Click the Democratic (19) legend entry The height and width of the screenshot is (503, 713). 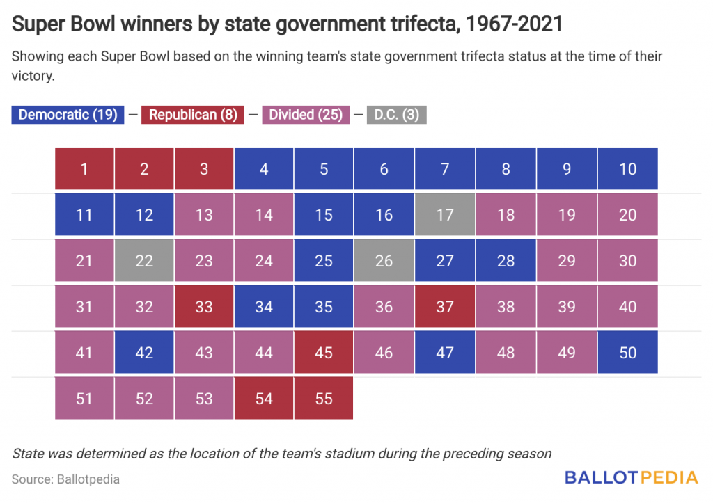coord(68,115)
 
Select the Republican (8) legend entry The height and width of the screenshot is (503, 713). coord(192,115)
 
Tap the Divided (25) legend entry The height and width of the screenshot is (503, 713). coord(305,115)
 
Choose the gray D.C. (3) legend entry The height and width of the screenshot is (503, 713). coord(396,115)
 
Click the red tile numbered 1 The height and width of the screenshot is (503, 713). coord(84,169)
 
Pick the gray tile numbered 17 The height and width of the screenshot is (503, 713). coord(444,215)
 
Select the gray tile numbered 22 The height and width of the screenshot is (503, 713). coord(144,261)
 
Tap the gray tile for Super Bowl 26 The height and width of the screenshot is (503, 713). coord(384,261)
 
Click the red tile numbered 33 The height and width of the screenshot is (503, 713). coord(204,307)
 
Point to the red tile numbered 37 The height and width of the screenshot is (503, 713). coord(444,307)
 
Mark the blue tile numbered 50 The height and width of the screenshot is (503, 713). coord(627,353)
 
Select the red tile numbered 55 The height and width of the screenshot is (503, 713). coord(324,399)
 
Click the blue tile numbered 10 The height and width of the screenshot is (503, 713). coord(627,169)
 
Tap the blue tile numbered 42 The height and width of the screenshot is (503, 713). coord(144,353)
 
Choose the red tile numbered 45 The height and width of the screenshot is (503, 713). coord(324,353)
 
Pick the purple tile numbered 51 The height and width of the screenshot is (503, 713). coord(84,399)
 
